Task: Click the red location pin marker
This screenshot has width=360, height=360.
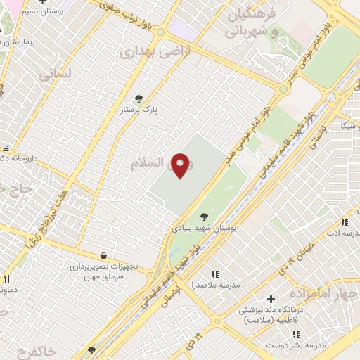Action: (180, 165)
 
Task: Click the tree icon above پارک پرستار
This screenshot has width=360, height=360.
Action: (138, 98)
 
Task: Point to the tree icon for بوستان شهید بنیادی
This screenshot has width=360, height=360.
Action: (204, 217)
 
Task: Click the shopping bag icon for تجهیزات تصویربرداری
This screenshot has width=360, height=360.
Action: (104, 255)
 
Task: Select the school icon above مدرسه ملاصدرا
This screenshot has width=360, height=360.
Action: (215, 274)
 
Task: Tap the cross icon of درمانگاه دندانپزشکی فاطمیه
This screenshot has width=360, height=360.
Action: (271, 299)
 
